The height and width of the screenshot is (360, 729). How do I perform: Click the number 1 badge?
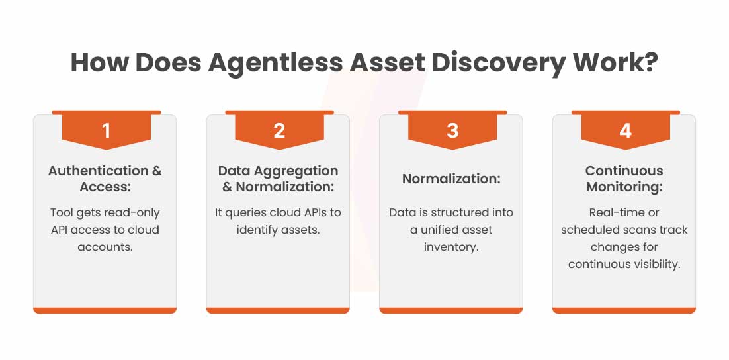[x=106, y=131]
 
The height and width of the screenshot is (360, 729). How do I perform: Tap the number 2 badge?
[x=279, y=131]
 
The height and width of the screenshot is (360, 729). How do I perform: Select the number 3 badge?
[x=452, y=131]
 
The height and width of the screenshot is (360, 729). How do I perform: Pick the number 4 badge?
[x=625, y=131]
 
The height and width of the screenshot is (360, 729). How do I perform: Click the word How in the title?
[x=98, y=63]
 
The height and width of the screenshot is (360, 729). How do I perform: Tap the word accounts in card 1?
[x=105, y=247]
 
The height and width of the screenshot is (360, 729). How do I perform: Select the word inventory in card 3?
[x=451, y=247]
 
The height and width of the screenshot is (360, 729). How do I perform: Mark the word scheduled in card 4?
[x=590, y=230]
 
